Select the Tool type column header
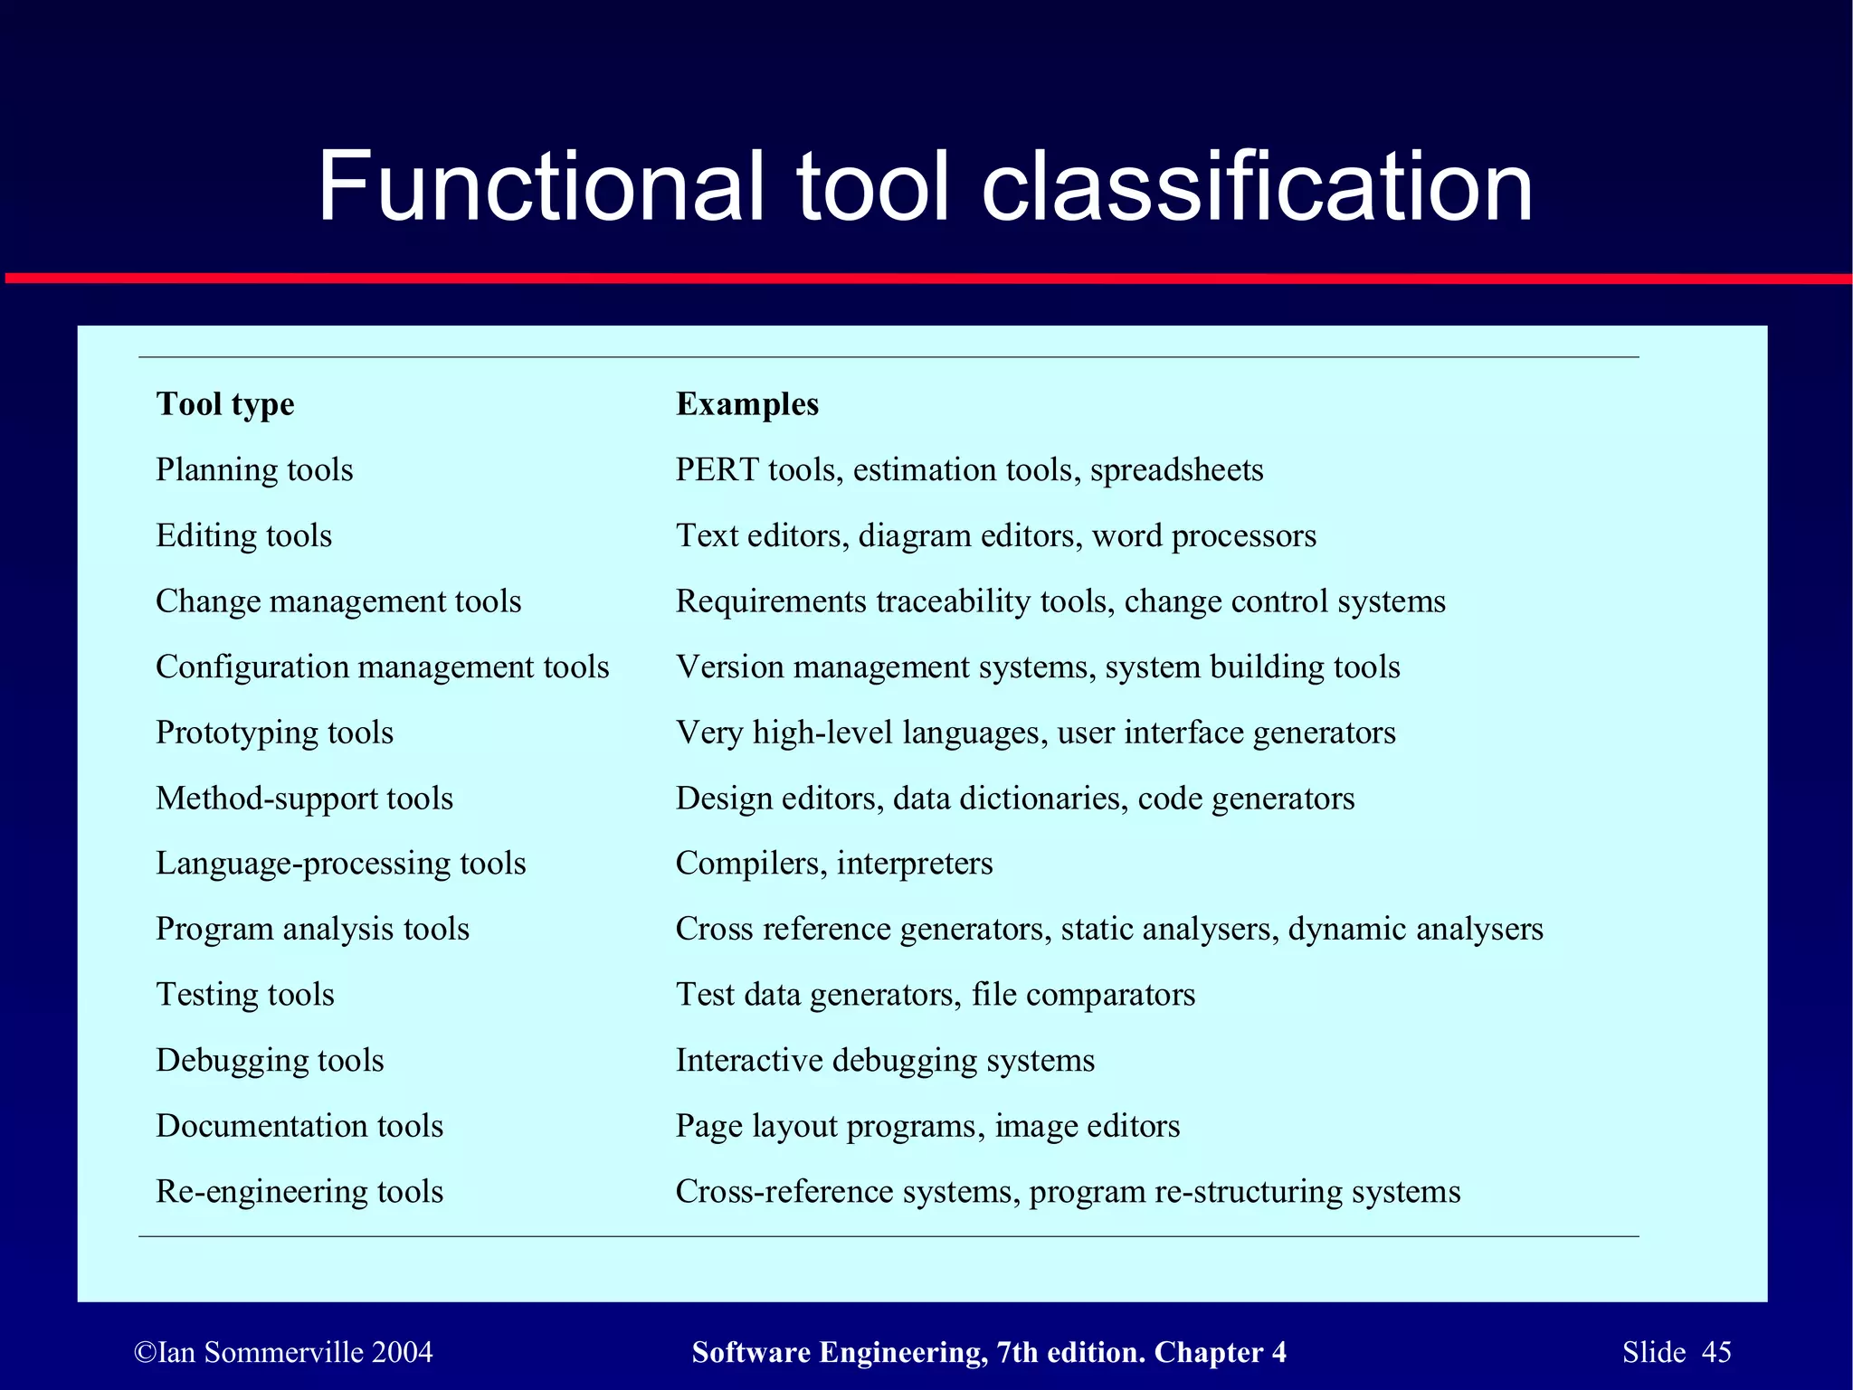tap(225, 404)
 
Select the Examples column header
tap(746, 404)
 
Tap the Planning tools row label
tap(254, 470)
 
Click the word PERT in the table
tap(717, 470)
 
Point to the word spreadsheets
tap(1176, 470)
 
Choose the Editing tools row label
tap(243, 535)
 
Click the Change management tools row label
tap(338, 601)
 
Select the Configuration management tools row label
tap(382, 667)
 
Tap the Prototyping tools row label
tap(274, 733)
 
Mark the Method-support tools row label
tap(304, 799)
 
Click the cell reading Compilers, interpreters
tap(833, 864)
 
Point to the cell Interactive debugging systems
tap(885, 1060)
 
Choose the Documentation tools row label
tap(299, 1126)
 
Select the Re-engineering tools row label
tap(299, 1192)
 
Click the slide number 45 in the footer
tap(1716, 1352)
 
